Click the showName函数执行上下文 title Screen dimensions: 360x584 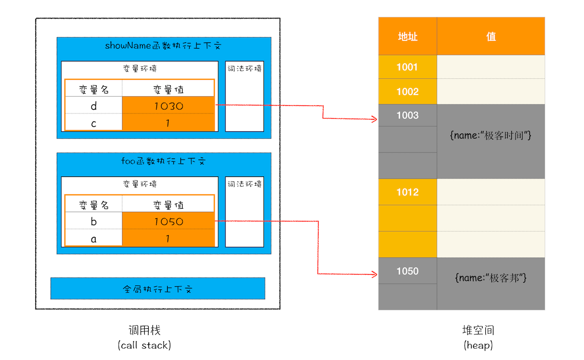[x=163, y=46]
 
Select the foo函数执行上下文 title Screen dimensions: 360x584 [x=163, y=161]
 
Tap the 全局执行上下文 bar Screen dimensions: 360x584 [x=158, y=289]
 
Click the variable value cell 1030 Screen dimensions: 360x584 [x=168, y=106]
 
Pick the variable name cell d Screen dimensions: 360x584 [x=94, y=106]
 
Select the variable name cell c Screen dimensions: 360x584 [x=94, y=123]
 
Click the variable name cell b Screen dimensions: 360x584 [x=94, y=221]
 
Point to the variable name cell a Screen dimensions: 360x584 [x=94, y=238]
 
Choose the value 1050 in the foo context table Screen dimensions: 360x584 [x=168, y=221]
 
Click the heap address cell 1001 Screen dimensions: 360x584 [x=408, y=67]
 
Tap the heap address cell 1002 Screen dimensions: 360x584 [x=408, y=92]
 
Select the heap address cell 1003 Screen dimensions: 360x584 [x=408, y=116]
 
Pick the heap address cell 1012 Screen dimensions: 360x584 [x=408, y=192]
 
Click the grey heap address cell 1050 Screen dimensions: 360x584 [x=408, y=271]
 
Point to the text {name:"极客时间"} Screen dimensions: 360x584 [x=491, y=136]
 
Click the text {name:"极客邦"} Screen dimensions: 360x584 [x=491, y=278]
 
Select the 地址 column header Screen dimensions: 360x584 [x=408, y=36]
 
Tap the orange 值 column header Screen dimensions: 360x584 [x=491, y=36]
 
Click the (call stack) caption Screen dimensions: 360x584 [x=144, y=345]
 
